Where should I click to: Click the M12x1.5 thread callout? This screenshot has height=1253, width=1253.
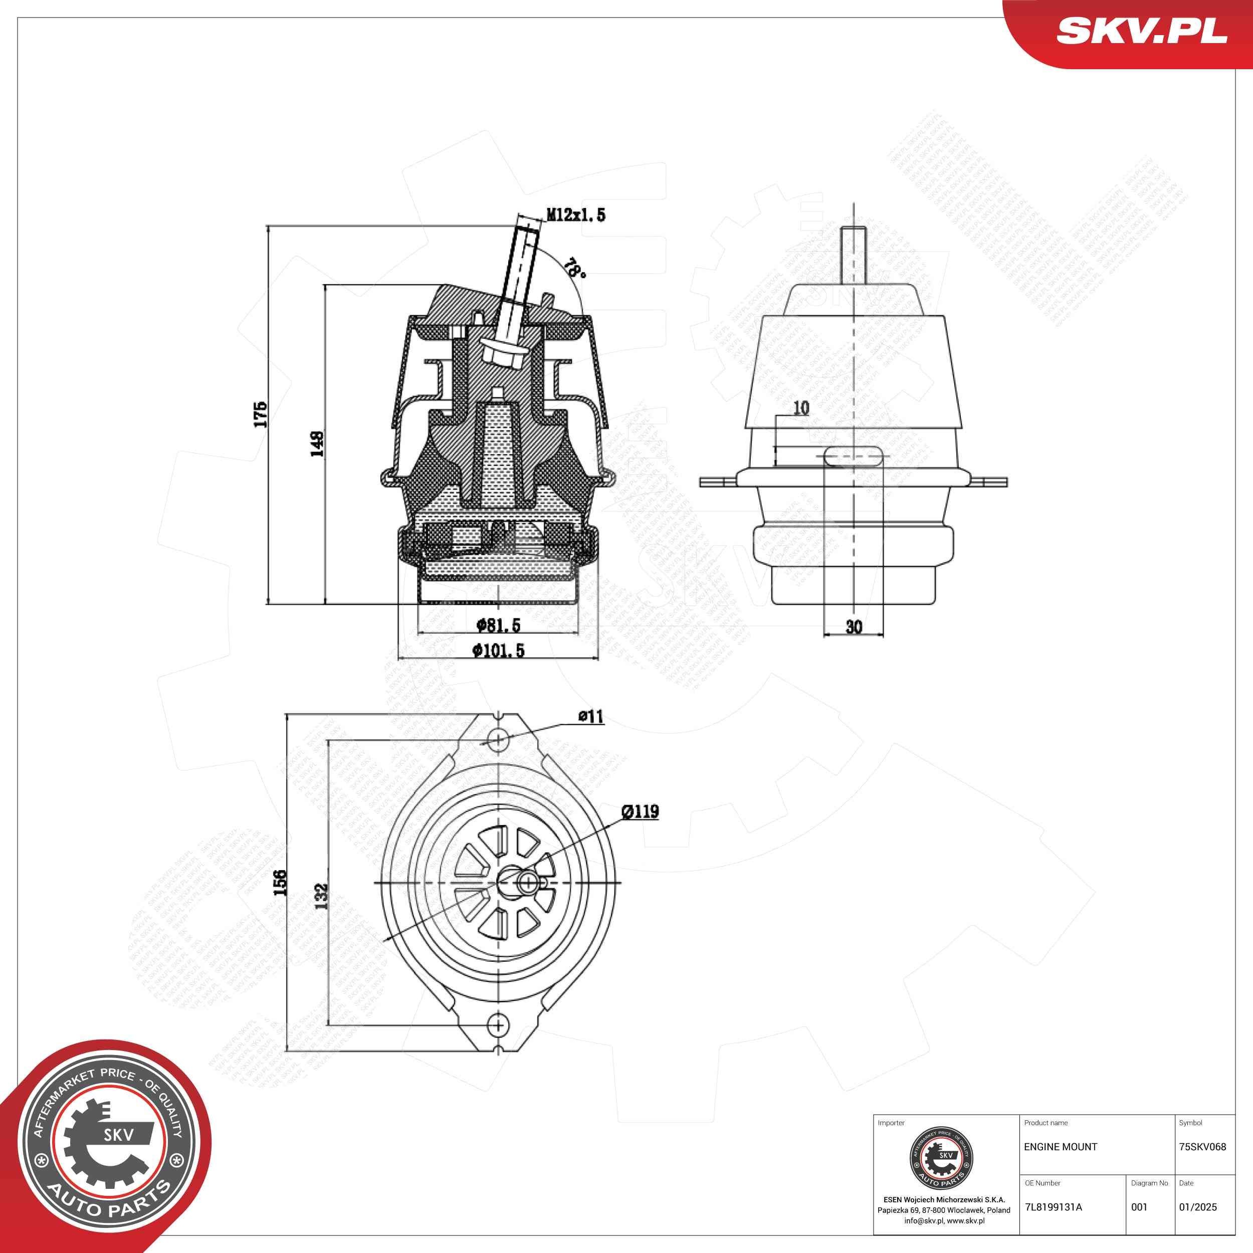pyautogui.click(x=576, y=215)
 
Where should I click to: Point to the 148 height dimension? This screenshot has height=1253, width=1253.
pyautogui.click(x=317, y=444)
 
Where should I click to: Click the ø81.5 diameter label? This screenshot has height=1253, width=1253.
pyautogui.click(x=498, y=625)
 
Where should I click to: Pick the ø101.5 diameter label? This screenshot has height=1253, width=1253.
pyautogui.click(x=498, y=651)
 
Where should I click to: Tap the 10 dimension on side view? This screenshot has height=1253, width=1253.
pyautogui.click(x=801, y=408)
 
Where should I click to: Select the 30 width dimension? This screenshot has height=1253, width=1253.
pyautogui.click(x=854, y=626)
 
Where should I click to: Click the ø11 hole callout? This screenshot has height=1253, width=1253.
pyautogui.click(x=591, y=716)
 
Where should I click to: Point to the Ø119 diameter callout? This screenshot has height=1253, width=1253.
pyautogui.click(x=640, y=811)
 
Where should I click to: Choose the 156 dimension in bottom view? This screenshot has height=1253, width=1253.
pyautogui.click(x=280, y=883)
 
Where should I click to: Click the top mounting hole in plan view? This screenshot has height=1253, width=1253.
pyautogui.click(x=497, y=739)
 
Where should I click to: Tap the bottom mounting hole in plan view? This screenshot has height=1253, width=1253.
pyautogui.click(x=497, y=1024)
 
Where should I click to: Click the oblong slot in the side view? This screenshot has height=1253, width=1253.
pyautogui.click(x=854, y=456)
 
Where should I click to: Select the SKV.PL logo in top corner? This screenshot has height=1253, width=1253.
pyautogui.click(x=1141, y=31)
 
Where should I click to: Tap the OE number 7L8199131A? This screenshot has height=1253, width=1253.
pyautogui.click(x=1053, y=1207)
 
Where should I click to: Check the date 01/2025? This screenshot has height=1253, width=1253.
pyautogui.click(x=1198, y=1207)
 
